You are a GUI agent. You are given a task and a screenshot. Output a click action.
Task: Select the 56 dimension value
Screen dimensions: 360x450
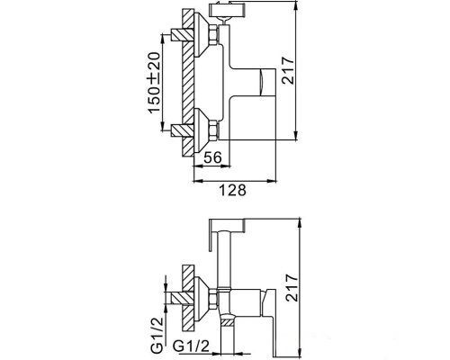[x=212, y=157]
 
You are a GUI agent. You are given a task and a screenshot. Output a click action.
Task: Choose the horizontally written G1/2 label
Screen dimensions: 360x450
[x=193, y=345]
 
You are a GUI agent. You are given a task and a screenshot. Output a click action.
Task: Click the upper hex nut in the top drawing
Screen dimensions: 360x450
[x=213, y=36]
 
